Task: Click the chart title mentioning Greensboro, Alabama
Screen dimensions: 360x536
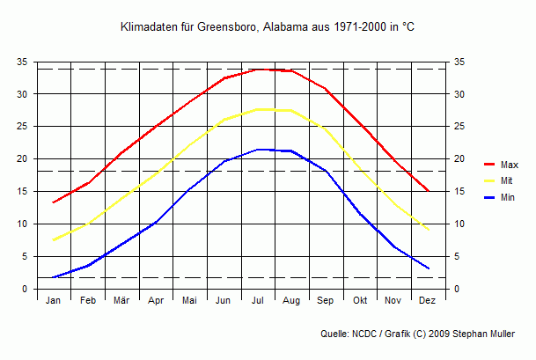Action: [268, 28]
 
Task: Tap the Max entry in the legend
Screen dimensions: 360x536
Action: [509, 165]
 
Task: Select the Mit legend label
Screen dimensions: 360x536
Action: [507, 181]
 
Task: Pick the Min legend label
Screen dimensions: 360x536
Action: [508, 197]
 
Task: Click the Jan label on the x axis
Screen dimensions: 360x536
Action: [53, 301]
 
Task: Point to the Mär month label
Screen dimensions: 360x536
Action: [121, 301]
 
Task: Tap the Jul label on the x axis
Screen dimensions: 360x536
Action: [258, 301]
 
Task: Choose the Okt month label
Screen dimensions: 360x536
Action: [360, 301]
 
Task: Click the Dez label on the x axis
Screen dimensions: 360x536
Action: [428, 301]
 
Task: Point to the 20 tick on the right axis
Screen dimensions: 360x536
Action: [459, 159]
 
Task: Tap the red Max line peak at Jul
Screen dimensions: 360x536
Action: [258, 69]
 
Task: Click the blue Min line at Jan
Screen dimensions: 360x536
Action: [53, 277]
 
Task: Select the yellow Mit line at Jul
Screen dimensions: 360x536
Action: [258, 109]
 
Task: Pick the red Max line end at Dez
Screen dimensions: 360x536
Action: [428, 191]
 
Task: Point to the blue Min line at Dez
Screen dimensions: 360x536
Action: [428, 268]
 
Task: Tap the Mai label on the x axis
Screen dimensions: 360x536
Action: [189, 301]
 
